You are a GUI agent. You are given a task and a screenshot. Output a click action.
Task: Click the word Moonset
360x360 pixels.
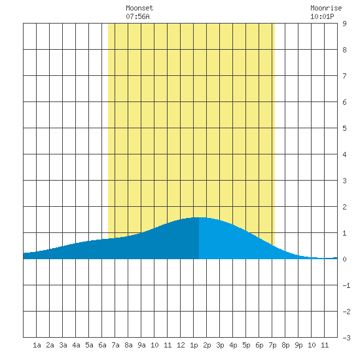(139, 8)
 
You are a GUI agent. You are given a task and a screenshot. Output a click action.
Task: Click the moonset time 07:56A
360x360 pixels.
(137, 16)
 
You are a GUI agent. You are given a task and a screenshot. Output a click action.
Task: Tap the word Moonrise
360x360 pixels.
(326, 8)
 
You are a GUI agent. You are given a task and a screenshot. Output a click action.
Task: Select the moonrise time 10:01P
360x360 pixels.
(322, 16)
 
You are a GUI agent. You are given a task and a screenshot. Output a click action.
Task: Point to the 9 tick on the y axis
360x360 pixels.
(344, 24)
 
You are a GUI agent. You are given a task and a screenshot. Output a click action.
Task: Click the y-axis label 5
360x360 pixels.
(344, 128)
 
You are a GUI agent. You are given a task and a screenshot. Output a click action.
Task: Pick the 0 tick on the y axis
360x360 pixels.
(344, 259)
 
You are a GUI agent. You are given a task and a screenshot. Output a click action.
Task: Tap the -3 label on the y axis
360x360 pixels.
(346, 338)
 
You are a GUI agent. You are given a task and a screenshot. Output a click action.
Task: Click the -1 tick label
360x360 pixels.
(346, 285)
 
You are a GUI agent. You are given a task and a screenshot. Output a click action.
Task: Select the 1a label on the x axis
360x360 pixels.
(37, 345)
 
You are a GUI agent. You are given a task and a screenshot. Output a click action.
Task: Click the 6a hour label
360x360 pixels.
(102, 345)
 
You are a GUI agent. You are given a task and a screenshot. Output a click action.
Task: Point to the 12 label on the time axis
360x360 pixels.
(181, 345)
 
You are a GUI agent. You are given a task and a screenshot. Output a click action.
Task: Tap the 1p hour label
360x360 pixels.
(194, 345)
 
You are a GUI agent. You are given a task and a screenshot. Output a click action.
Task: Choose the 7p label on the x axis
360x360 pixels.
(272, 345)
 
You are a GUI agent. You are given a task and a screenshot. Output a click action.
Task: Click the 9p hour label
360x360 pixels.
(298, 345)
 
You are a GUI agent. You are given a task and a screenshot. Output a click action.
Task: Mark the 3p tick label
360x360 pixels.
(220, 345)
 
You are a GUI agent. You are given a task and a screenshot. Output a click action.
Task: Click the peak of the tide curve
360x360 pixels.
(199, 217)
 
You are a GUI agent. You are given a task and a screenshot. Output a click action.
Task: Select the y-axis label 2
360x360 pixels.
(344, 207)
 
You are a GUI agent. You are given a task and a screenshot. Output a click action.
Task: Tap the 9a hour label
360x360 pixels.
(141, 345)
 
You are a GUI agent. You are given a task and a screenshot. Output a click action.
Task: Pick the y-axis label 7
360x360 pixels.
(344, 76)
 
